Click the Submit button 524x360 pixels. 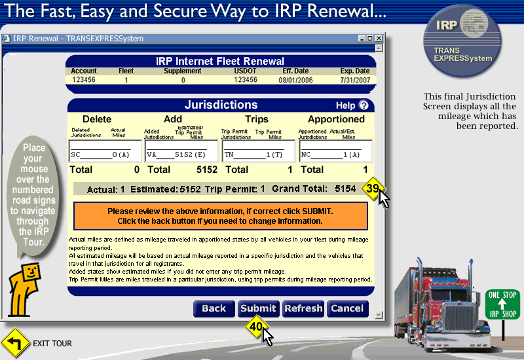tap(258, 308)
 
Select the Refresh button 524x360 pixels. tap(303, 308)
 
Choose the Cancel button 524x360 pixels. tap(348, 308)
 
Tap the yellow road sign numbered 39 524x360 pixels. tap(372, 189)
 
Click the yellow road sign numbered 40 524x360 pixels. tap(255, 326)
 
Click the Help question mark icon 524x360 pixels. tap(364, 105)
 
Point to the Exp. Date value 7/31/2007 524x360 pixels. tap(355, 80)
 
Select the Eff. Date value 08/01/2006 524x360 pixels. tap(296, 80)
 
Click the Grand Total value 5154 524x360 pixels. tap(345, 189)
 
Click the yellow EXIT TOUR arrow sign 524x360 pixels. tap(15, 343)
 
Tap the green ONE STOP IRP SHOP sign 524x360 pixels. tap(502, 304)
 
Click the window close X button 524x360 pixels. tap(379, 39)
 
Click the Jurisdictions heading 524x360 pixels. tap(221, 105)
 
